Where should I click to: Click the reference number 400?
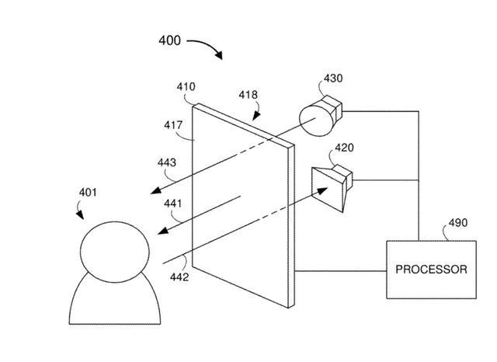point(169,40)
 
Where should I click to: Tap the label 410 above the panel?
point(186,86)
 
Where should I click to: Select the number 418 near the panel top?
point(248,95)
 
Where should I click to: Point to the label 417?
point(173,125)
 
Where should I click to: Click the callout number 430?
point(333,78)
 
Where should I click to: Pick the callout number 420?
point(345,148)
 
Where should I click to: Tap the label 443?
point(167,162)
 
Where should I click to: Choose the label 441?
point(173,204)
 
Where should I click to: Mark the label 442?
point(179,277)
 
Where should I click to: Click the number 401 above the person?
point(88,192)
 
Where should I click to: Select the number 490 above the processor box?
point(458,222)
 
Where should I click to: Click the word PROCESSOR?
point(432,270)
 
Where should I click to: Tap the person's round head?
point(115,252)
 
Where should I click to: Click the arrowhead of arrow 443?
point(156,190)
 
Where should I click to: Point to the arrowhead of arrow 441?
point(163,231)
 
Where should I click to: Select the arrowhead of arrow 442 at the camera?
point(322,190)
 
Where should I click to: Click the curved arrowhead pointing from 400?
point(218,55)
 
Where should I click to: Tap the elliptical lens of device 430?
point(316,120)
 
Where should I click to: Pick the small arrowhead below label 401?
point(80,215)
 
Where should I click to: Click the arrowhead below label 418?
point(256,116)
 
